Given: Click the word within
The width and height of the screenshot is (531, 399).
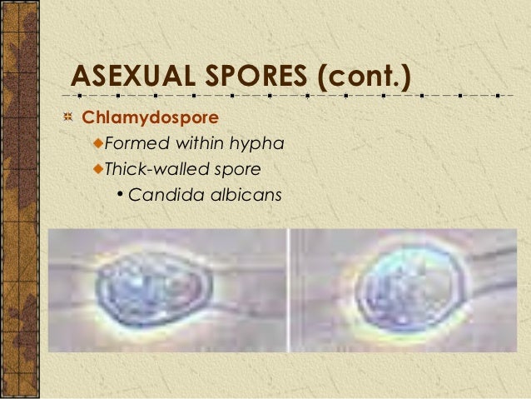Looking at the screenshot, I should (x=201, y=144).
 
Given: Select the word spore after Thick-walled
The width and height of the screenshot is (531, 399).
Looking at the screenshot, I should (x=237, y=171).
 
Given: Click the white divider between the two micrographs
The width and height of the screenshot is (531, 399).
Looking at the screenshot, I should (x=289, y=291).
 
